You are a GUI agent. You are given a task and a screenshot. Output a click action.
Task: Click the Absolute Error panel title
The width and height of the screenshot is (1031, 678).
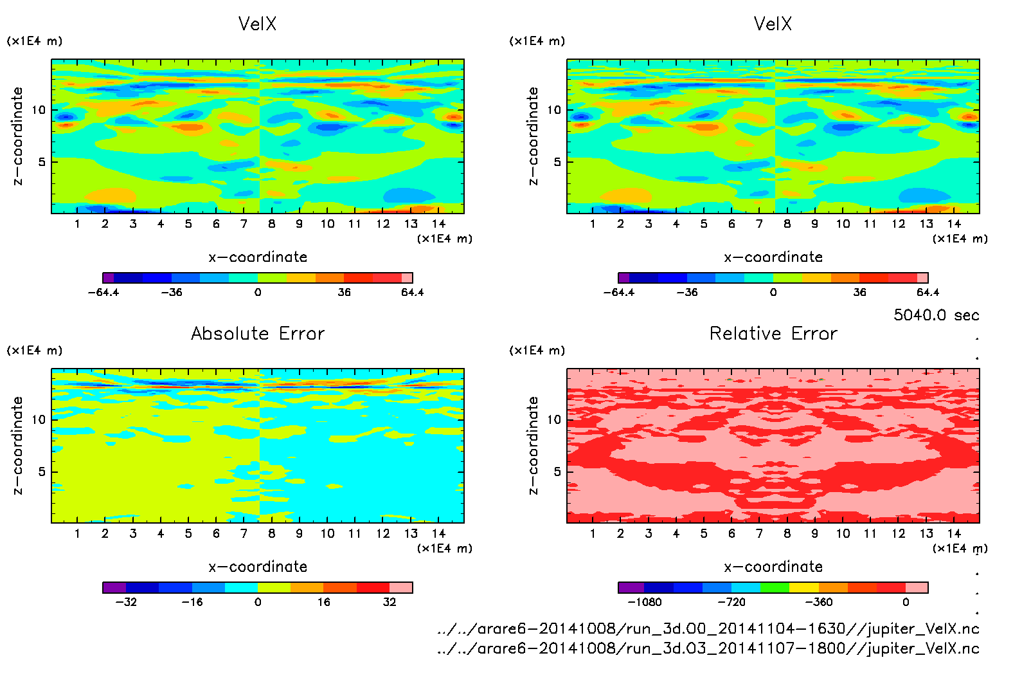(x=258, y=333)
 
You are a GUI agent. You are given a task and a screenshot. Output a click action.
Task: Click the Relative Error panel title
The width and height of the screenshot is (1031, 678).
(x=773, y=333)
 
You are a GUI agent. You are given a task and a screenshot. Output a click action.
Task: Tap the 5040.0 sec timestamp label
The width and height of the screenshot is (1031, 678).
(x=936, y=315)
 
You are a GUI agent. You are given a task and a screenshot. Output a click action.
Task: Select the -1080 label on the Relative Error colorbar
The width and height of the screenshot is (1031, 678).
(x=644, y=602)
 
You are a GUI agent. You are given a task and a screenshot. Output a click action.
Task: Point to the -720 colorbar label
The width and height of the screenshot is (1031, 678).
(x=731, y=602)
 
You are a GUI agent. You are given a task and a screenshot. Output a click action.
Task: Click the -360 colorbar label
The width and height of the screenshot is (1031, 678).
(x=818, y=602)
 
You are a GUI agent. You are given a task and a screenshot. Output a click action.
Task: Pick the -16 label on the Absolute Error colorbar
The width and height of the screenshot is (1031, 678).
(x=192, y=602)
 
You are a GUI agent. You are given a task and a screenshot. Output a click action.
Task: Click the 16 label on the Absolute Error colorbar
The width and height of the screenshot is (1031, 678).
(x=323, y=602)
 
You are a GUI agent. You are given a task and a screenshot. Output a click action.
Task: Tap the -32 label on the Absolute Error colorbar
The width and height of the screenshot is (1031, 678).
(x=126, y=602)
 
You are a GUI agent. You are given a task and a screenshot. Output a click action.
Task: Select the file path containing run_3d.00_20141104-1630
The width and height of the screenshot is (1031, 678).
(x=708, y=628)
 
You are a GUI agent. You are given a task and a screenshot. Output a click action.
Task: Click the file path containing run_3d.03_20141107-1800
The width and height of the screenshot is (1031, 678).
(x=708, y=648)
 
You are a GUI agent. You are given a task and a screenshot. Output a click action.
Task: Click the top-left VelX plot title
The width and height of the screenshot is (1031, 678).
(x=257, y=24)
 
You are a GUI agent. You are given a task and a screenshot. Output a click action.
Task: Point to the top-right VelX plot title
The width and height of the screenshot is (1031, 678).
(x=773, y=24)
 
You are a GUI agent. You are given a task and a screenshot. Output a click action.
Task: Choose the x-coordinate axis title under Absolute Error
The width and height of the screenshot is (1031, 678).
(x=258, y=567)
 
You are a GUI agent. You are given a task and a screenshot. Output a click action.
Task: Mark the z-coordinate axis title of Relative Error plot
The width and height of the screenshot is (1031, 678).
(x=533, y=445)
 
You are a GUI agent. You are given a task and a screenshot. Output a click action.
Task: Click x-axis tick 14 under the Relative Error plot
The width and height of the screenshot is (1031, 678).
(x=954, y=533)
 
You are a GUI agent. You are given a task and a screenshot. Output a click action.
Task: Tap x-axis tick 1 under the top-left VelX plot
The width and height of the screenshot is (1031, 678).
(x=77, y=224)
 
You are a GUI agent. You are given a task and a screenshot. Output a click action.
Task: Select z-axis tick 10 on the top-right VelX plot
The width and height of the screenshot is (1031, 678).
(x=553, y=110)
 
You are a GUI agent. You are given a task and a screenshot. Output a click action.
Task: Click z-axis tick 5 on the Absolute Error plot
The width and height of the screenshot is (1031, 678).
(x=42, y=472)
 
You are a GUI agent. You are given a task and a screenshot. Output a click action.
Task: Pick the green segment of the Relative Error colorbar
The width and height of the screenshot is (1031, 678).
(x=774, y=587)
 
